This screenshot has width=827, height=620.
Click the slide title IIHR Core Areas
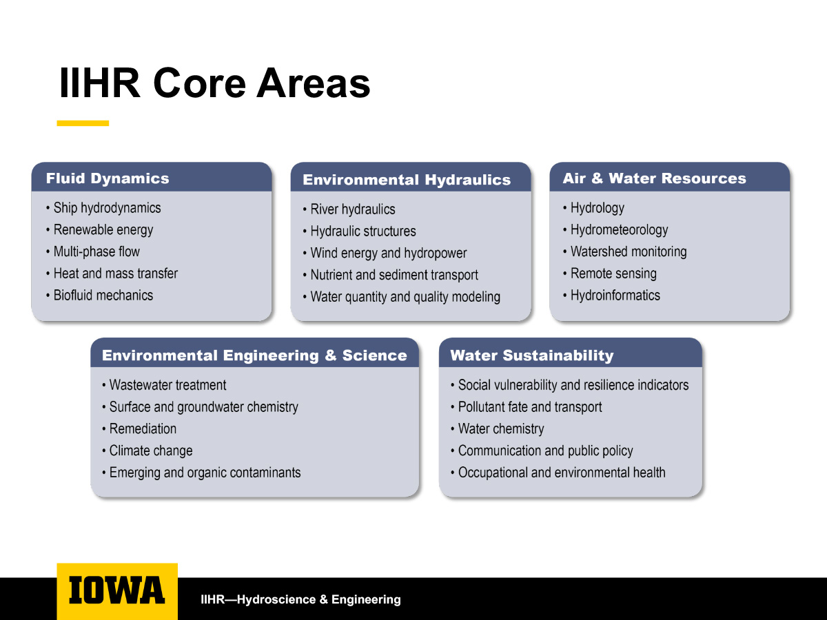point(215,83)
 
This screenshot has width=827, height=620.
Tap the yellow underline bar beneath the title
point(83,123)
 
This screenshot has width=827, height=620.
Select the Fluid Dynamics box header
point(108,178)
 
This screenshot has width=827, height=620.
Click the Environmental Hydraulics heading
point(407,180)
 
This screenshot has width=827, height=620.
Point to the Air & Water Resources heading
point(654,178)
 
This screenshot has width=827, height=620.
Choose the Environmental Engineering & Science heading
point(254,355)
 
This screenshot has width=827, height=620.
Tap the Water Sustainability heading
point(531,355)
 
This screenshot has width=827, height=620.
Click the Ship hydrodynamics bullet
point(103,208)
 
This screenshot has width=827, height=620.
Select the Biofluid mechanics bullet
point(100,295)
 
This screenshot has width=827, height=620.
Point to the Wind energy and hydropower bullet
point(385,253)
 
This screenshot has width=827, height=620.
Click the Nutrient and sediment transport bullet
point(390,275)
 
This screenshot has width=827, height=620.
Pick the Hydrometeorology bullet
point(615,229)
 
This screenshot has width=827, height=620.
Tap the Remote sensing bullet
point(610,273)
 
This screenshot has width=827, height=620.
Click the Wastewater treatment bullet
point(164,384)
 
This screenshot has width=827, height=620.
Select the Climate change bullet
point(147,451)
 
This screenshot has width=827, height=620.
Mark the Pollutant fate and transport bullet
point(527,407)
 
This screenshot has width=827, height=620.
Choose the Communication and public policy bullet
point(542,451)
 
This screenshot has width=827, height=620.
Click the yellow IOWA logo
point(117,591)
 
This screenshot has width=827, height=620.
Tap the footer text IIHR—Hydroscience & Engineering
point(300,599)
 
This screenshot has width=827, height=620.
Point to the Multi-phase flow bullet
point(93,251)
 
